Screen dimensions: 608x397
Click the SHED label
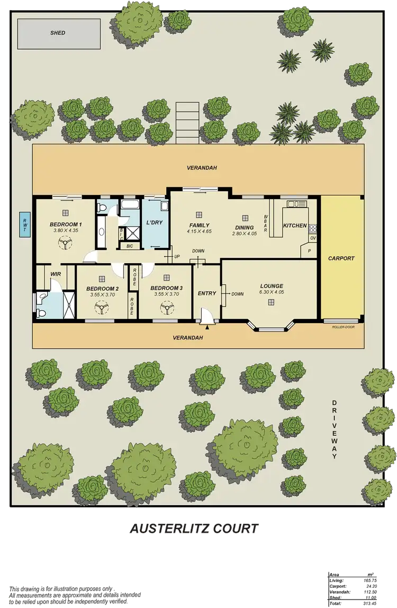coord(58,33)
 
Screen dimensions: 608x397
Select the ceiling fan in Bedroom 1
coord(65,243)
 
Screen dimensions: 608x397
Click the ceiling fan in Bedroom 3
coord(168,307)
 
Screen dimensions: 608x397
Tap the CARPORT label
coord(341,258)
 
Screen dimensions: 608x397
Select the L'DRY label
coord(154,222)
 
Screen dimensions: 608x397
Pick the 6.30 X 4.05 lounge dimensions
coord(272,292)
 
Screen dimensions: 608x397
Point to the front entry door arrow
coord(207,327)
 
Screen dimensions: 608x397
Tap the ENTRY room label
coord(206,293)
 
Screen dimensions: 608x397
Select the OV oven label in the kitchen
coord(312,238)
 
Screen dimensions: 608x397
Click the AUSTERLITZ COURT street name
coord(194,528)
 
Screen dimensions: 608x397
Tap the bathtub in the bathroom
coord(129,204)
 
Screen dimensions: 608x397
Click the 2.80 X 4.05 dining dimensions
coord(244,233)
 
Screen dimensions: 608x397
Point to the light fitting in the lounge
coord(271,302)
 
